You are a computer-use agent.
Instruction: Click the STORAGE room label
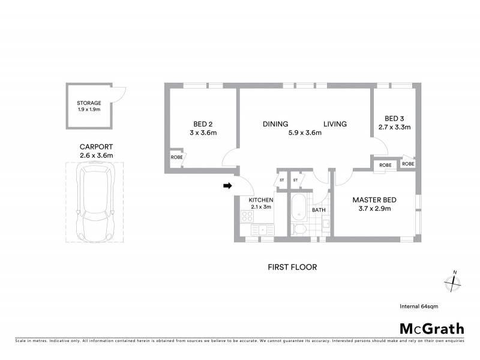tap(88, 103)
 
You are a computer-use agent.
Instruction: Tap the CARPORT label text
tap(97, 146)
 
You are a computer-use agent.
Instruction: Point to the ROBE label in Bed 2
tap(177, 157)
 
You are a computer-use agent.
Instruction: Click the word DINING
tap(275, 124)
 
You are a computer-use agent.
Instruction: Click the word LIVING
tap(335, 124)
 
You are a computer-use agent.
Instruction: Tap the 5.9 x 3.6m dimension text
tap(304, 133)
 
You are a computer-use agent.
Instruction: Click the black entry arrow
tap(227, 186)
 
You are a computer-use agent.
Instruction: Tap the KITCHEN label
tap(262, 200)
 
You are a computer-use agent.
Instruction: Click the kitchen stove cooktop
tap(248, 216)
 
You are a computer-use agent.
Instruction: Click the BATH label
tap(319, 210)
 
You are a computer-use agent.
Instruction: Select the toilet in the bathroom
tap(300, 229)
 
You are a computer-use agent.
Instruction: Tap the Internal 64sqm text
tap(419, 306)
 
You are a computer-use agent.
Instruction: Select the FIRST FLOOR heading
tap(292, 267)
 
